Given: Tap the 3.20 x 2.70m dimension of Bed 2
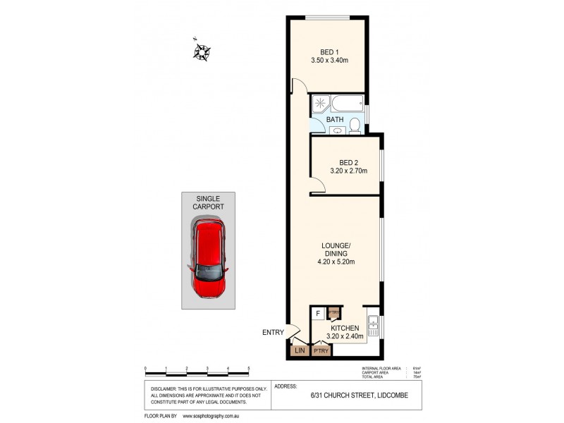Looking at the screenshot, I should (348, 170).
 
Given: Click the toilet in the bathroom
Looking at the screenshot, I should (355, 125).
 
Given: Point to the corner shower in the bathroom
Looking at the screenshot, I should (321, 104).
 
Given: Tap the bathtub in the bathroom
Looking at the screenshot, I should (348, 104).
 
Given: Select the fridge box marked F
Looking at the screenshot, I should (318, 313).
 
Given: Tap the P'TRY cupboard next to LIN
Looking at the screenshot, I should (321, 350).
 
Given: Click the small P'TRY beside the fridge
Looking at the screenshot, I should (335, 313).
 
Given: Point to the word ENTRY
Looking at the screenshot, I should (272, 333).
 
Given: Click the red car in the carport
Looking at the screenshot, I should (209, 259).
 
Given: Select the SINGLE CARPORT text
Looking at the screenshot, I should (209, 202).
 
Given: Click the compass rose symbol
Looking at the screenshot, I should (203, 51).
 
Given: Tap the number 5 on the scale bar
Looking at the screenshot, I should (249, 369).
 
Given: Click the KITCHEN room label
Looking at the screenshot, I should (345, 329).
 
